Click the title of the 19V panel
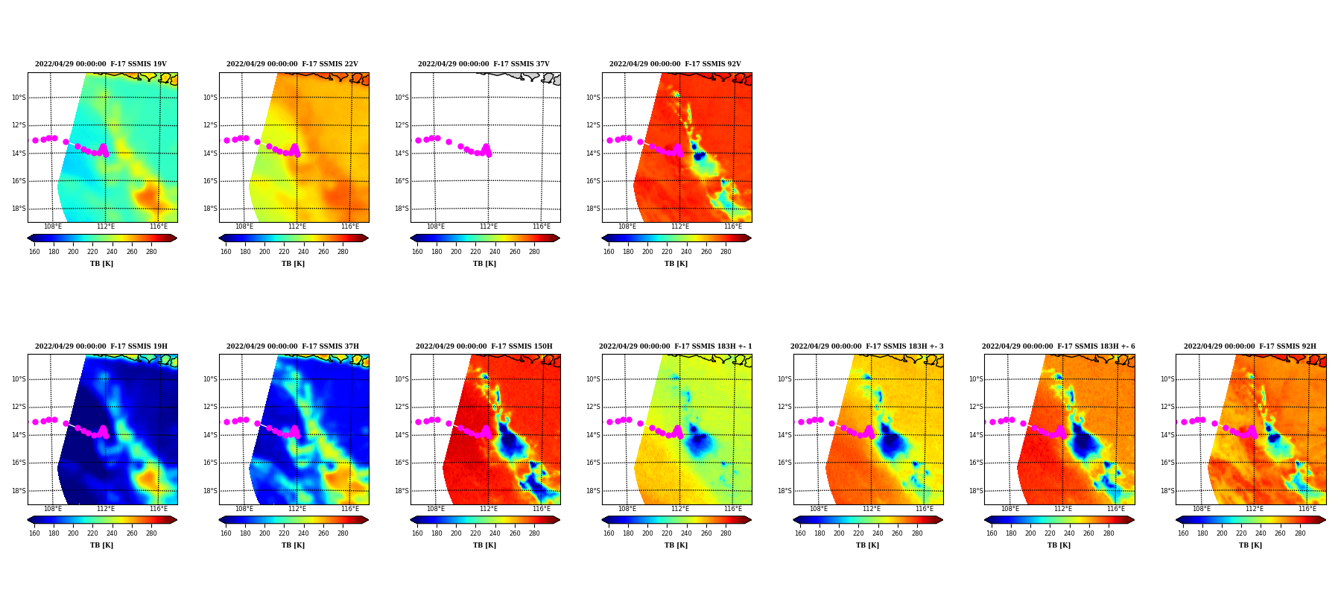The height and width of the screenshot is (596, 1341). [x=101, y=64]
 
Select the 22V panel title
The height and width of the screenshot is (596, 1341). [x=292, y=64]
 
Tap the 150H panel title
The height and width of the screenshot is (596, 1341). [x=484, y=346]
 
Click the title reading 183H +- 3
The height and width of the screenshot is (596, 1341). [x=867, y=346]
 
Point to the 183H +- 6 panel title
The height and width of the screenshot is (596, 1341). [x=1059, y=346]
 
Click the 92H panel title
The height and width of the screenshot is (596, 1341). [x=1250, y=346]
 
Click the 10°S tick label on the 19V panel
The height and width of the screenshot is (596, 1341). [x=19, y=98]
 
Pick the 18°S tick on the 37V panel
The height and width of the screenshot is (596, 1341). [x=402, y=209]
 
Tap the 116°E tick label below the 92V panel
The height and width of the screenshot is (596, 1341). [x=733, y=226]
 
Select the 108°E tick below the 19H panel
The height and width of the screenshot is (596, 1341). [x=53, y=509]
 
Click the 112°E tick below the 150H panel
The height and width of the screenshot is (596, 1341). [x=489, y=509]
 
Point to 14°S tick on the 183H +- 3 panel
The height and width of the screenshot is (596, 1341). [x=784, y=435]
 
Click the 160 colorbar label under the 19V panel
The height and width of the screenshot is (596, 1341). [x=34, y=252]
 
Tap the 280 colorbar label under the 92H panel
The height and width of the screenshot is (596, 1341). [x=1300, y=533]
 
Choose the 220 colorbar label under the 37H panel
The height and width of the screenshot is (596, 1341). [x=284, y=533]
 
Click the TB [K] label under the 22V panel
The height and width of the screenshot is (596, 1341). [x=293, y=264]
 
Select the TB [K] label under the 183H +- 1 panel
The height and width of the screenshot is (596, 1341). [x=676, y=545]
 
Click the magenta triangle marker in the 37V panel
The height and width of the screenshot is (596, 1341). [x=486, y=149]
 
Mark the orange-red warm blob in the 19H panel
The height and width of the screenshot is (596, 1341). [x=147, y=477]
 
